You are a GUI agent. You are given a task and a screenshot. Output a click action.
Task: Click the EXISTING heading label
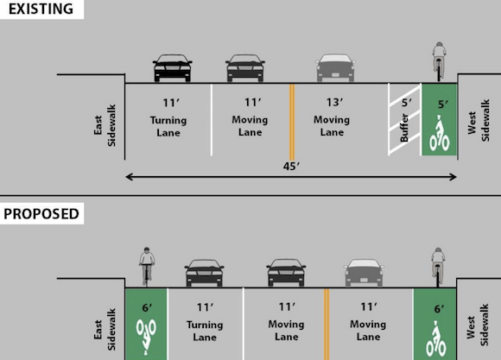(41, 9)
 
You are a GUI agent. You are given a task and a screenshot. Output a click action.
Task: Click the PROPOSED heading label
(41, 214)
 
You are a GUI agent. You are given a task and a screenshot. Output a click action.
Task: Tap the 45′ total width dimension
(291, 166)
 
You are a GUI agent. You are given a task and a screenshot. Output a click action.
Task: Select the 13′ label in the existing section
(334, 102)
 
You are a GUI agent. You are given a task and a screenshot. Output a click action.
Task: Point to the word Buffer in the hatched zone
(404, 128)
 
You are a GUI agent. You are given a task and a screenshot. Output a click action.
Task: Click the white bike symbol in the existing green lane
(440, 134)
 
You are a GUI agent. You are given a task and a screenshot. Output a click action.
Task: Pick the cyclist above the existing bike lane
(440, 60)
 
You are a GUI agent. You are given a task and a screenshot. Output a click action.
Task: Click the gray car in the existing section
(335, 67)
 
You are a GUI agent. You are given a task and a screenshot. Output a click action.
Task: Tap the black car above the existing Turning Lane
(173, 67)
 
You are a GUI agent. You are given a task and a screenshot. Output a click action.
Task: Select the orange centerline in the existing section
(292, 122)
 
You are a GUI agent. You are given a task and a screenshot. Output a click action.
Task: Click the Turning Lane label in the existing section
(168, 126)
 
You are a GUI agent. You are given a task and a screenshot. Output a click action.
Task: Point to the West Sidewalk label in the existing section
(479, 121)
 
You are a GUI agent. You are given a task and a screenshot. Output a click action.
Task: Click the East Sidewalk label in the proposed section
(105, 330)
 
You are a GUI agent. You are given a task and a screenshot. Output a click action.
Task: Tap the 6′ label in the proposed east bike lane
(147, 307)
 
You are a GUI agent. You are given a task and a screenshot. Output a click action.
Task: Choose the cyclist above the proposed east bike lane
(147, 267)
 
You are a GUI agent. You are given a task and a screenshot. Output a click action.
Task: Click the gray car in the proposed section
(364, 273)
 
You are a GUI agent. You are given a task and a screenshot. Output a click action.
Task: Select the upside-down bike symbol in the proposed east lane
(146, 337)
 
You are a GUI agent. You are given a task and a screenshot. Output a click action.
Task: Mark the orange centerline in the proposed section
(327, 325)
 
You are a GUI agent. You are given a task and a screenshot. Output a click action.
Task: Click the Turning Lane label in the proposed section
(205, 331)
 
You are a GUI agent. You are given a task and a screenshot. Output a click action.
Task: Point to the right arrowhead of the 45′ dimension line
(457, 177)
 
